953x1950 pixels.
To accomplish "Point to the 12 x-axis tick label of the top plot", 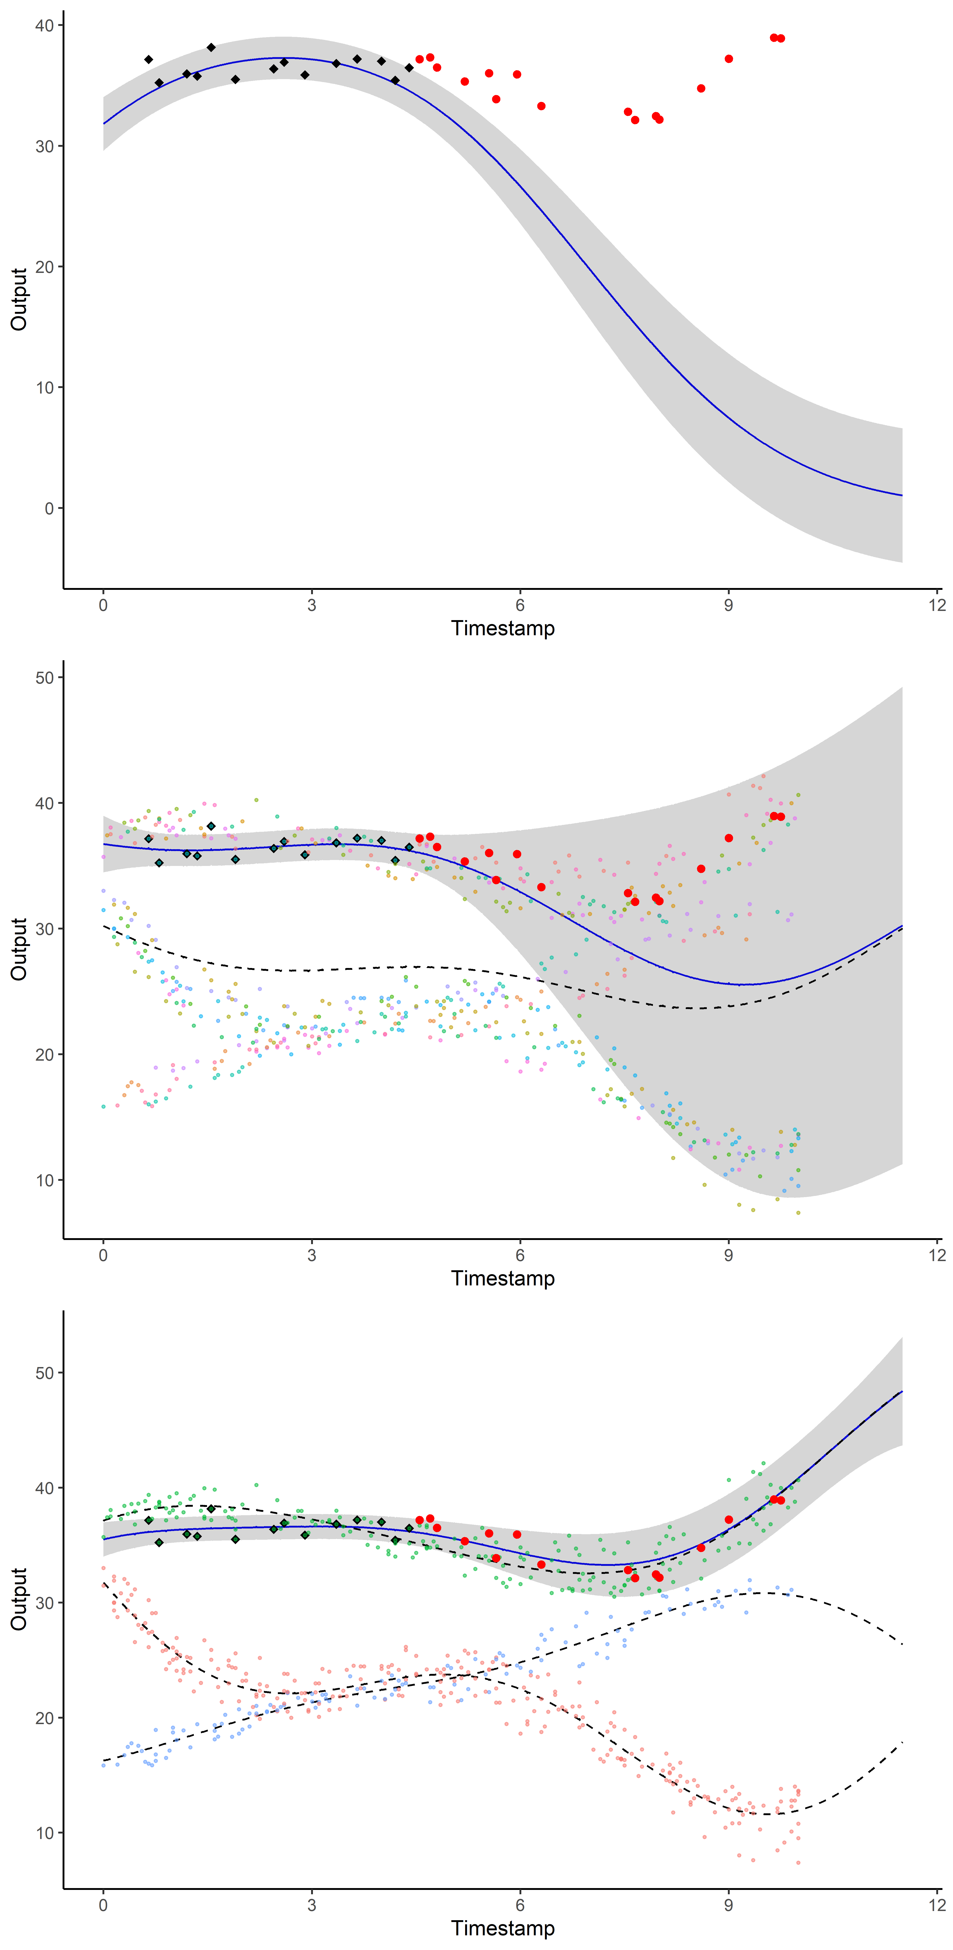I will click(x=937, y=605).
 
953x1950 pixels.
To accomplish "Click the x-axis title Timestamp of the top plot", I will click(x=503, y=628).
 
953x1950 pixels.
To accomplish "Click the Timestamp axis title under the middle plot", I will click(x=503, y=1279).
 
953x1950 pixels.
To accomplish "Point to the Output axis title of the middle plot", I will click(x=19, y=949).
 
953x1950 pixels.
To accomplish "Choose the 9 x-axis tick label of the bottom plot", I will click(x=728, y=1905).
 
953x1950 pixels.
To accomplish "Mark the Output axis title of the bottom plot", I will click(x=19, y=1599).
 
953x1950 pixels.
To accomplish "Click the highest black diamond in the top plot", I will click(x=211, y=48).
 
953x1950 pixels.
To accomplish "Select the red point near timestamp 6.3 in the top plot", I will click(x=541, y=106).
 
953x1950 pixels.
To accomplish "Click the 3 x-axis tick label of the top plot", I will click(x=312, y=605).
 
